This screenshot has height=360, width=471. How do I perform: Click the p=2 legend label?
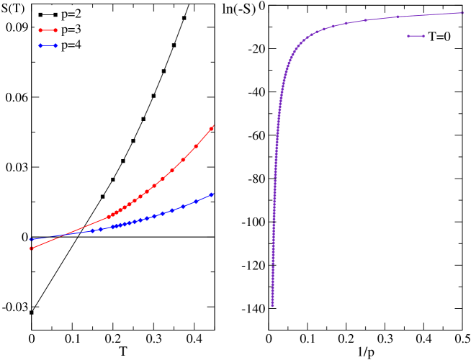point(71,14)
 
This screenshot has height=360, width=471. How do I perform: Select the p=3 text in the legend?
point(71,30)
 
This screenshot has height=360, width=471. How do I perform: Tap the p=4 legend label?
point(71,45)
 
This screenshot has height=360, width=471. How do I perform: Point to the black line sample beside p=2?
point(48,14)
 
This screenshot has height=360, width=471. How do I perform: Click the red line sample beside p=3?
point(48,30)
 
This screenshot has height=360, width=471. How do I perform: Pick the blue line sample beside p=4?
point(48,46)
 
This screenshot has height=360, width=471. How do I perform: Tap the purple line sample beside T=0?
point(416,36)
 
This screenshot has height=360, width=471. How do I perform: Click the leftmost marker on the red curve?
point(32,248)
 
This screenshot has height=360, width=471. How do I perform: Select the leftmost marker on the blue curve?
point(31,239)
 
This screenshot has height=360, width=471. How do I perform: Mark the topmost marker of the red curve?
point(212,128)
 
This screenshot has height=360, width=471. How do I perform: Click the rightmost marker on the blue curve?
point(212,194)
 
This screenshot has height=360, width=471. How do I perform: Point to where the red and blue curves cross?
point(61,236)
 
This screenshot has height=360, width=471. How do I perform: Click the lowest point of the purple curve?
point(272,305)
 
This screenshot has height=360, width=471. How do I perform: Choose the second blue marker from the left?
point(92,231)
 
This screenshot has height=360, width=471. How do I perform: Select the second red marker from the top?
point(196,146)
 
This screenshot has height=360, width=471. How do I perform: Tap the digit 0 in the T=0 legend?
point(448,36)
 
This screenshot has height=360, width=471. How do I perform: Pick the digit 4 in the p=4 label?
point(78,45)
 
